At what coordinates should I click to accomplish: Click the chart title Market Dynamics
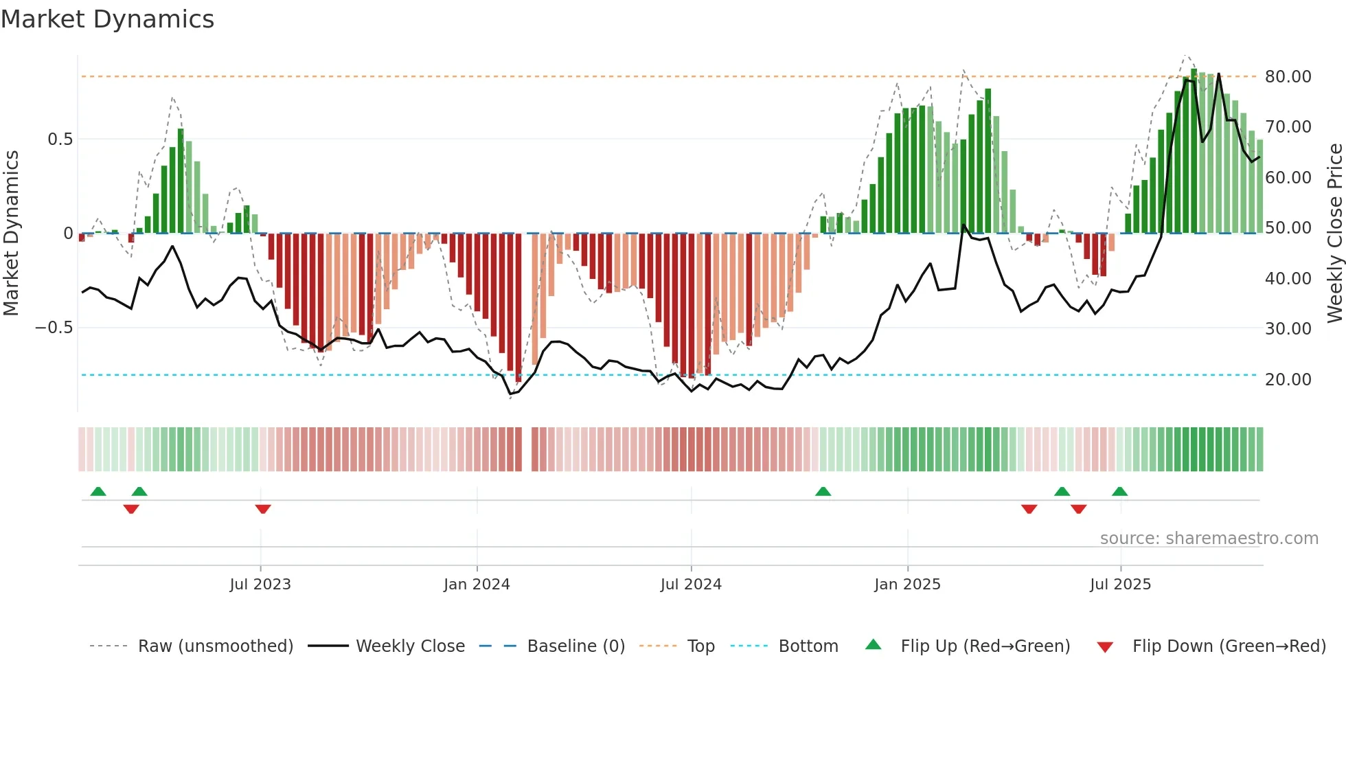click(108, 19)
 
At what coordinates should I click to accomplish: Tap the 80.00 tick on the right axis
click(1288, 77)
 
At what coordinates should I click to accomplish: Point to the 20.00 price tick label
click(1288, 380)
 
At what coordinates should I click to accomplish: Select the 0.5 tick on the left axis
click(60, 139)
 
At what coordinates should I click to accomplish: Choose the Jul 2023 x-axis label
click(260, 585)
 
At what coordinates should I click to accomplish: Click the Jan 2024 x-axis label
click(477, 585)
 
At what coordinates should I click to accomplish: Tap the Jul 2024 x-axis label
click(691, 585)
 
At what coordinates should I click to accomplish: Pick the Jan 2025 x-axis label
click(907, 585)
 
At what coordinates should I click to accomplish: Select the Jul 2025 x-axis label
click(1120, 585)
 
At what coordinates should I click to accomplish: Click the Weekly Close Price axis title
click(1334, 233)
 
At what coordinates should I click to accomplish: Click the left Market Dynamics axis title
click(12, 233)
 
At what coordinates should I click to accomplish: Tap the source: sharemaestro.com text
click(1209, 539)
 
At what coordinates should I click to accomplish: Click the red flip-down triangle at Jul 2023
click(263, 509)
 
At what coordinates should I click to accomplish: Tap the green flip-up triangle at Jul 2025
click(1119, 491)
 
